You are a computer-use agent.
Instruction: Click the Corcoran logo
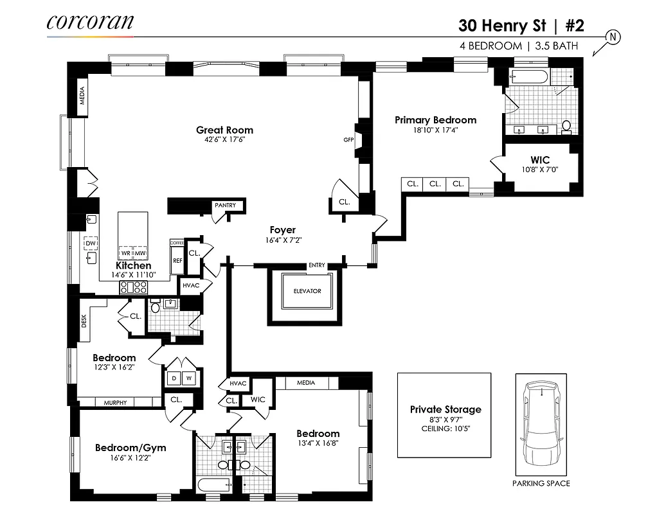point(90,22)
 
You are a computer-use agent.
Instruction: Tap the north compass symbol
point(613,37)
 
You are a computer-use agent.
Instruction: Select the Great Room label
point(224,130)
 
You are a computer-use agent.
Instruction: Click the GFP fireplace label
point(348,139)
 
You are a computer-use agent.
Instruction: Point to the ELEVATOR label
point(307,291)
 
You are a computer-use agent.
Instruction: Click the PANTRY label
point(225,206)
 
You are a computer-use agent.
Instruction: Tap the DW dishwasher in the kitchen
point(91,244)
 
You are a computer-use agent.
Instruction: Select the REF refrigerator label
point(177,261)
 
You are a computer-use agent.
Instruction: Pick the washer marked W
point(190,378)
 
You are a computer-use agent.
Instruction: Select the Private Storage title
point(445,409)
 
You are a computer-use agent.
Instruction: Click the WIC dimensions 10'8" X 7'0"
point(540,170)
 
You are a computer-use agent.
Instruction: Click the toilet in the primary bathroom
point(566,127)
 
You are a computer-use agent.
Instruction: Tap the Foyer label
point(282,229)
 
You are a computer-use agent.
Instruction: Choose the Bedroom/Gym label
point(130,448)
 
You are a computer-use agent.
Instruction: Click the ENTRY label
point(317,265)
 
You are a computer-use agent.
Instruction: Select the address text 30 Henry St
point(501,26)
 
